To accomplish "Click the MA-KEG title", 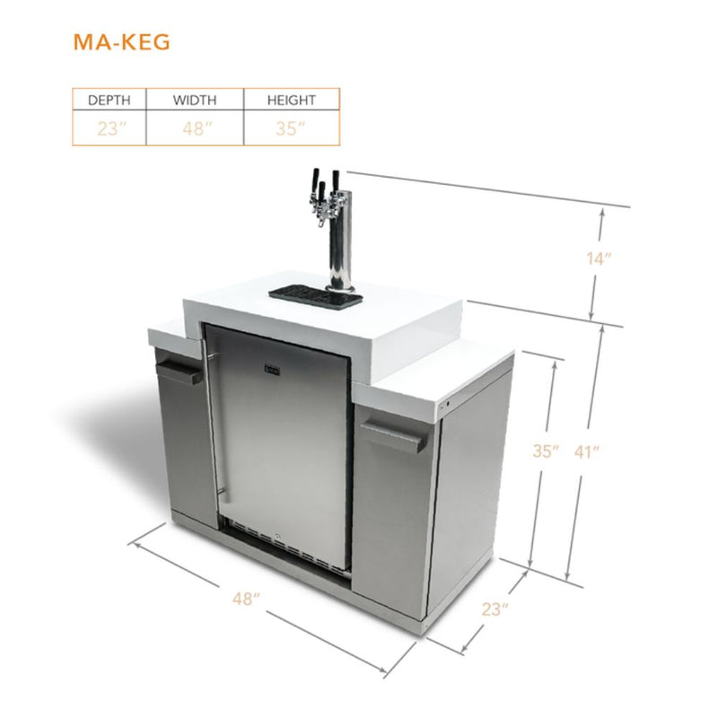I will pos(122,43).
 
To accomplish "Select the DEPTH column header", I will pos(109,100).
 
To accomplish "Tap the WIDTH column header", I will pos(195,100).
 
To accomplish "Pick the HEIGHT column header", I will pos(291,100).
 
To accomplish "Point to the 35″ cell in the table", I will pos(291,128).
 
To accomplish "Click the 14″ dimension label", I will pos(598,259).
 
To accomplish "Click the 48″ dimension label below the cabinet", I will pos(241,599).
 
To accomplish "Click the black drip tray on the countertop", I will pos(315,293).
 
